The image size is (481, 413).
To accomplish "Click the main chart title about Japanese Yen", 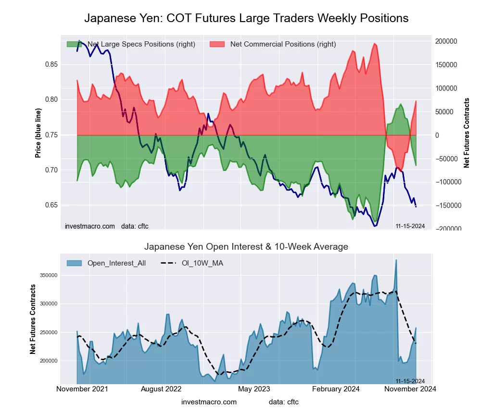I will [246, 18].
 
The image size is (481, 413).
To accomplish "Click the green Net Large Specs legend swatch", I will [74, 44].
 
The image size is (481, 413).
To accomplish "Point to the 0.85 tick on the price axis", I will [51, 64].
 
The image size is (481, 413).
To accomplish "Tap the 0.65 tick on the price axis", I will [51, 205].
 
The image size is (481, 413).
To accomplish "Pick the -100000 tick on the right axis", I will [448, 182].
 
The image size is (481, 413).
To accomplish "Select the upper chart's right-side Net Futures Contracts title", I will [467, 133].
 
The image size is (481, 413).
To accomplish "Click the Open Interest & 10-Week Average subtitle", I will [246, 247].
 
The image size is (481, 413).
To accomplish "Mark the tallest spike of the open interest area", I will [396, 260].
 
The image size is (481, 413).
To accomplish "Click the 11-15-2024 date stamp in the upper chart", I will [410, 226].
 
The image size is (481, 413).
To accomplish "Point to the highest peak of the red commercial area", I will [374, 44].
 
